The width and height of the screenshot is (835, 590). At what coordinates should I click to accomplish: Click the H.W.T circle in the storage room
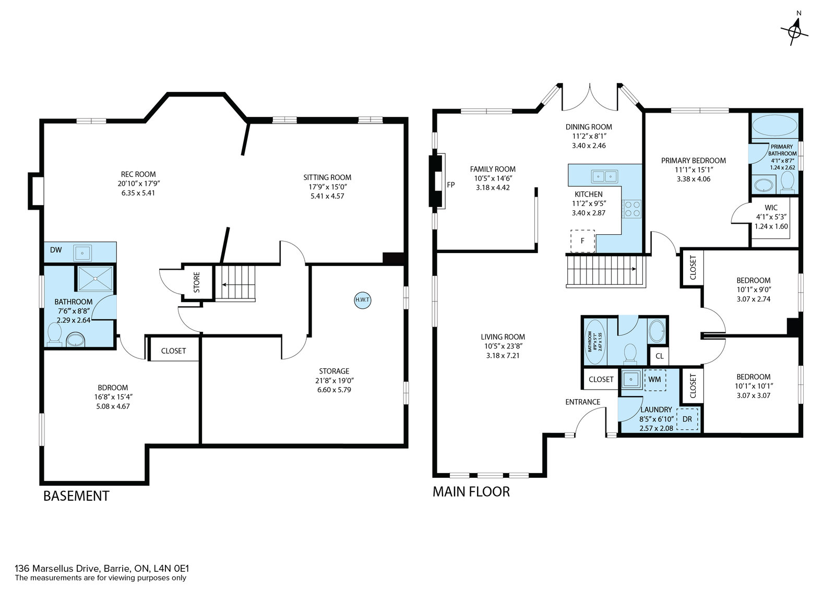click(x=362, y=300)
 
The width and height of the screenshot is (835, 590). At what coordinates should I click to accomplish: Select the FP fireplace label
click(x=451, y=185)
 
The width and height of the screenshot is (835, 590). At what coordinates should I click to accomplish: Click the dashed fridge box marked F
click(x=582, y=241)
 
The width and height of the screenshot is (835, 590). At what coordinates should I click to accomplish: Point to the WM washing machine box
click(x=655, y=380)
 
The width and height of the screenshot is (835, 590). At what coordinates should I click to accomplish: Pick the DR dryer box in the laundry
click(x=687, y=419)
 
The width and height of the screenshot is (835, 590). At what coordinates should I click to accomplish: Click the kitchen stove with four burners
click(x=631, y=209)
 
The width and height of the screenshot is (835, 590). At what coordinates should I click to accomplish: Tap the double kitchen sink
click(x=604, y=176)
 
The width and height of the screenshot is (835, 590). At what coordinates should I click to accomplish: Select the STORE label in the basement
click(x=197, y=282)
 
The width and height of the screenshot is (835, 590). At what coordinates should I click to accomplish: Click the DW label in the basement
click(x=56, y=250)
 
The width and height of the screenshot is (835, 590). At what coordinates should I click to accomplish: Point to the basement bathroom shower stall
click(x=96, y=279)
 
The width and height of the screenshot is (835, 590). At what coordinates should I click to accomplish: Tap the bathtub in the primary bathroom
click(x=774, y=126)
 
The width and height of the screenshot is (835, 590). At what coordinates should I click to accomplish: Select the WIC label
click(x=771, y=208)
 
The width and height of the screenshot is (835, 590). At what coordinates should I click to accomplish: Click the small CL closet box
click(x=660, y=356)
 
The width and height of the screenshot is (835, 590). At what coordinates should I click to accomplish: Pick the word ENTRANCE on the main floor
click(x=582, y=402)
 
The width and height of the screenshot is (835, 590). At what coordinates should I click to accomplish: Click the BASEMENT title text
click(x=76, y=496)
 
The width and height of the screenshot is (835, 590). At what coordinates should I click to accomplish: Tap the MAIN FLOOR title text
click(x=471, y=491)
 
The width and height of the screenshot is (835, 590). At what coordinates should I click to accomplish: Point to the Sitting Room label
click(x=327, y=177)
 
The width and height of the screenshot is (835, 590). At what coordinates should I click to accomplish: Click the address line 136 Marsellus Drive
click(x=102, y=569)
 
